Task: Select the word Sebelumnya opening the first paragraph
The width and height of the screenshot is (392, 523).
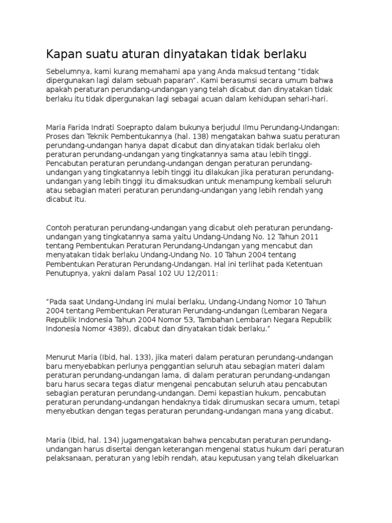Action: point(67,71)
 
